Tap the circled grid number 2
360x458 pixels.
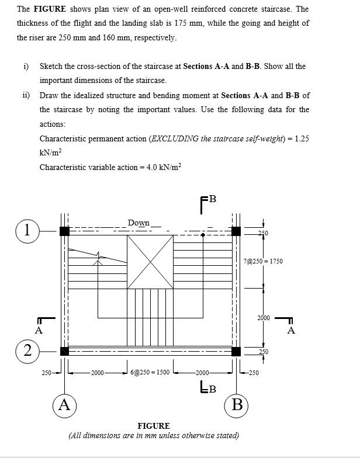[x=26, y=351]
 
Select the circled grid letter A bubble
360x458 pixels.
[x=64, y=405]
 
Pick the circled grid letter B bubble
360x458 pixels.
[x=237, y=405]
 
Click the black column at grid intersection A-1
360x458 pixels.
[x=64, y=231]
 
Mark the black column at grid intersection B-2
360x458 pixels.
[x=236, y=351]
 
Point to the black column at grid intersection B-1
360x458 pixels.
[x=236, y=231]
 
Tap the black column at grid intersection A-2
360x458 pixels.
[x=64, y=351]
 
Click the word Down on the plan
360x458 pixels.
[x=139, y=223]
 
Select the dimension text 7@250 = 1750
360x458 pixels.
[x=263, y=261]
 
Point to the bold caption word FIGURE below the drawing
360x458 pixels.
[x=153, y=426]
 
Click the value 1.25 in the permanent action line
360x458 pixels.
[x=302, y=138]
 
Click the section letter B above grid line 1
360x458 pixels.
[x=212, y=199]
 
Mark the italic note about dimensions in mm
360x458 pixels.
[x=154, y=435]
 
